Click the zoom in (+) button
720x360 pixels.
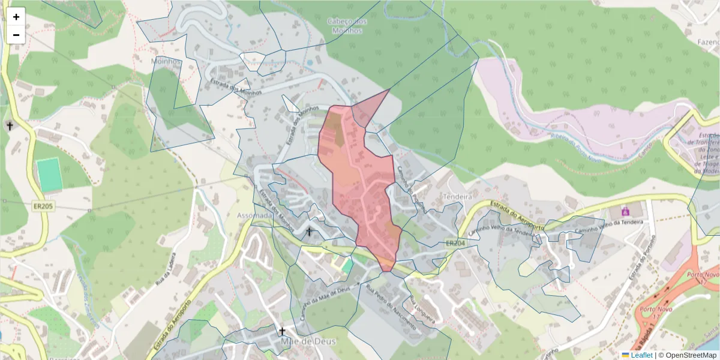pos(16,17)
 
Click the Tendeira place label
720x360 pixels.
pos(458,196)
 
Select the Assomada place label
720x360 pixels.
pos(254,215)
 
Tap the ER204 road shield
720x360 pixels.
pos(455,243)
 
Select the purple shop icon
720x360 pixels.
pos(625,211)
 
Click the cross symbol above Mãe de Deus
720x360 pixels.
pos(281,331)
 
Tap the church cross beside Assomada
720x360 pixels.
pos(309,231)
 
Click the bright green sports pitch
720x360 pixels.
pos(47,175)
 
